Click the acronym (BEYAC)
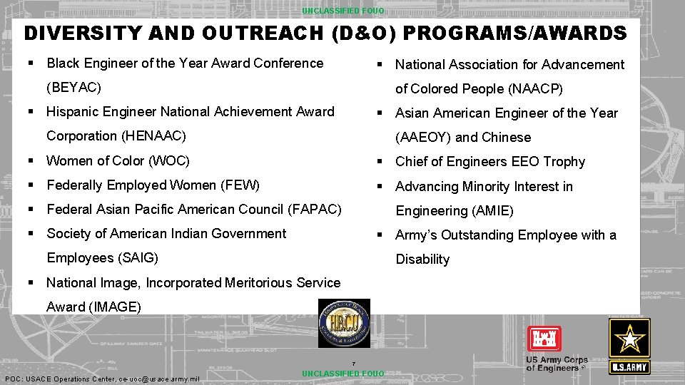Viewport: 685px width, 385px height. (73, 88)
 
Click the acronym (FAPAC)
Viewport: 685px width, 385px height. (315, 210)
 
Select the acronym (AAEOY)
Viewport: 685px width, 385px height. (423, 138)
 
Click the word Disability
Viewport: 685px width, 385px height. (422, 260)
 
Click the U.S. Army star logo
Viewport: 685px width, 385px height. (629, 346)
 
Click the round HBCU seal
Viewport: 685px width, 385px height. (344, 324)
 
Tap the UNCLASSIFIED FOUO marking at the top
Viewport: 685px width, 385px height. (342, 11)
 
